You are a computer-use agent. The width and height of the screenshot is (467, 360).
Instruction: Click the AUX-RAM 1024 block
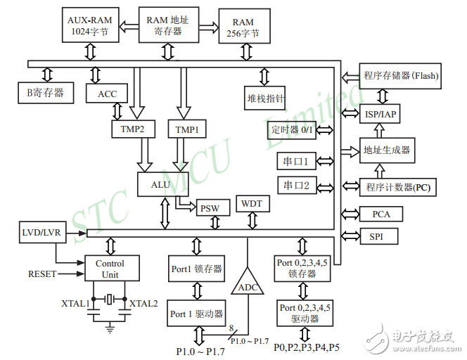(90, 25)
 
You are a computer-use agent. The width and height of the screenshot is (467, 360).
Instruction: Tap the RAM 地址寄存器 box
(167, 25)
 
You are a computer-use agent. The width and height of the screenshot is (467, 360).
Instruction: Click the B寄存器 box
(45, 91)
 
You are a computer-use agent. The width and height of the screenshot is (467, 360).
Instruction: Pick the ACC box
(107, 94)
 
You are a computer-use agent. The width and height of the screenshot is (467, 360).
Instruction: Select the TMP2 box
(132, 129)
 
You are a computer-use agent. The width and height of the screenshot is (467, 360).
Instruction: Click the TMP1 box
(186, 129)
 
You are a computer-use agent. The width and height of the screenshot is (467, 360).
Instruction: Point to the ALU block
(160, 184)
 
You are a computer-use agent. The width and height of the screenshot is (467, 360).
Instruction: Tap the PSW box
(210, 208)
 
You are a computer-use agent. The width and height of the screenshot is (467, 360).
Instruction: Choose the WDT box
(251, 204)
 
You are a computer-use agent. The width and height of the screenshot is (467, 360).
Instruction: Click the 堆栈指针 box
(265, 99)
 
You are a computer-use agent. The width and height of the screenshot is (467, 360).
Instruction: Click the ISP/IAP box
(382, 113)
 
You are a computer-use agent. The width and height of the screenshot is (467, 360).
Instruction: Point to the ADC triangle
(247, 283)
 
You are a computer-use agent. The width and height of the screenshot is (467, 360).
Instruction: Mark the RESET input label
(41, 274)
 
